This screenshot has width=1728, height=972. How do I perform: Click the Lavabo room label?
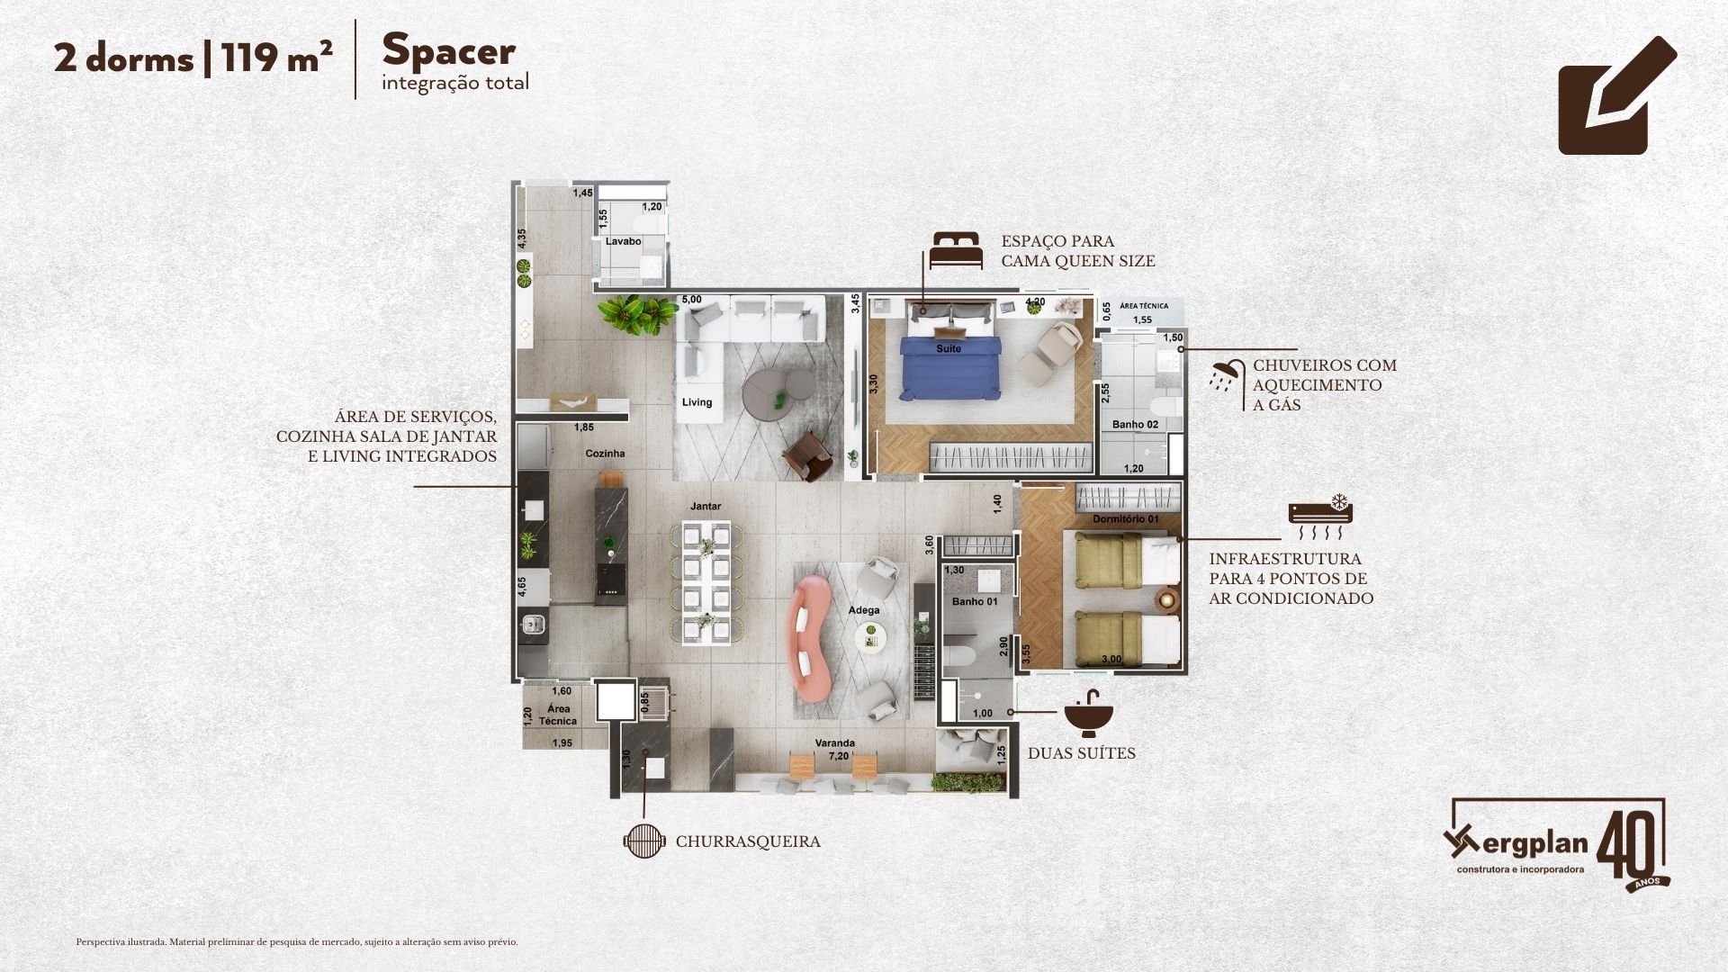pyautogui.click(x=623, y=241)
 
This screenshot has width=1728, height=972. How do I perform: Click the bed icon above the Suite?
pyautogui.click(x=955, y=249)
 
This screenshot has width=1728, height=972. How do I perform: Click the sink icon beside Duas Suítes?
pyautogui.click(x=1088, y=715)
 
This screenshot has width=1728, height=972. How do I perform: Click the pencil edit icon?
pyautogui.click(x=1617, y=95)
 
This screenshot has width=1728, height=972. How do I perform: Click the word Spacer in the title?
pyautogui.click(x=448, y=50)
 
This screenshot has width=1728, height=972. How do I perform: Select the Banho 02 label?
pyautogui.click(x=1135, y=424)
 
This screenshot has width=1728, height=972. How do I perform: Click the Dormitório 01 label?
pyautogui.click(x=1125, y=519)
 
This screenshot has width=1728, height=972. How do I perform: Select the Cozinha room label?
pyautogui.click(x=605, y=454)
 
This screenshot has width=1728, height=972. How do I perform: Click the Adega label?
pyautogui.click(x=864, y=610)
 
